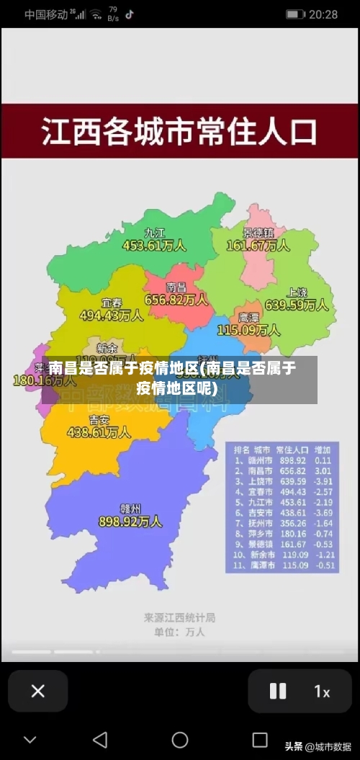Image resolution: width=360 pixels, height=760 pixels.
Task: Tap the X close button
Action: click(38, 692)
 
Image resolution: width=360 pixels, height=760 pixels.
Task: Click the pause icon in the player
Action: click(278, 692)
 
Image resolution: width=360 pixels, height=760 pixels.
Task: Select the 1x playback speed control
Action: click(322, 692)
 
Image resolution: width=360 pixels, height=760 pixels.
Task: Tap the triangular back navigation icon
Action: click(101, 740)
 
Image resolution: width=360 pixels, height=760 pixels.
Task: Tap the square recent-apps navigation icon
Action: click(260, 740)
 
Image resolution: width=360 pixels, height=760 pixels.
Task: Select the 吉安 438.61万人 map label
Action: click(99, 426)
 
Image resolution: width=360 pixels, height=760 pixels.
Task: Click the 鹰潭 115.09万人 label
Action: click(248, 324)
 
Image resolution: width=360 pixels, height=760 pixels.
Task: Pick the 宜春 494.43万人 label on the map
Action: click(111, 309)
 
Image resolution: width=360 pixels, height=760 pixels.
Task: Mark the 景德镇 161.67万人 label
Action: click(258, 239)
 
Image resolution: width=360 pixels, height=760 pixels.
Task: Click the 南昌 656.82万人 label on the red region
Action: click(176, 293)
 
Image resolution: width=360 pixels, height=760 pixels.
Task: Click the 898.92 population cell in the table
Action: click(293, 460)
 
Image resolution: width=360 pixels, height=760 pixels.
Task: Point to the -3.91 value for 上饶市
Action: click(323, 481)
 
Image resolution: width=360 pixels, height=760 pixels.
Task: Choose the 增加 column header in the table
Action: click(323, 449)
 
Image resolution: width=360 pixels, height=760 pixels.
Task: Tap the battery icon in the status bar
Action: click(295, 14)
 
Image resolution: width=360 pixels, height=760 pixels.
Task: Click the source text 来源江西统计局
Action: click(179, 617)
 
